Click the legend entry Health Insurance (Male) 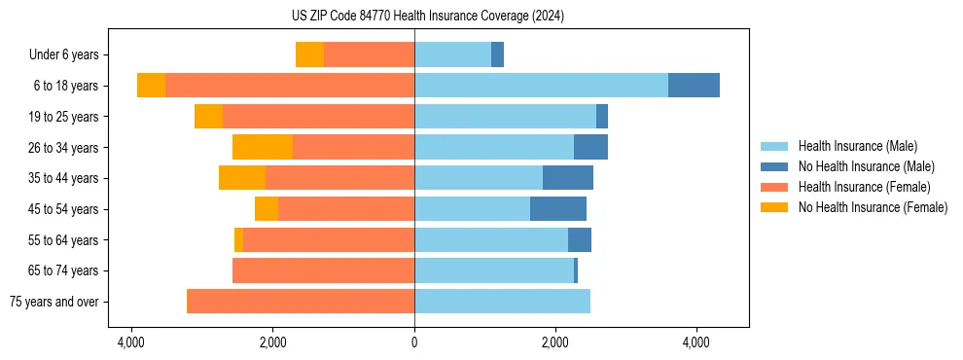click(x=857, y=146)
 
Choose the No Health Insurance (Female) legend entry click(x=873, y=207)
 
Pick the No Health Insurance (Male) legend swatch click(x=775, y=166)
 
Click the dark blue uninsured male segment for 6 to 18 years click(x=694, y=86)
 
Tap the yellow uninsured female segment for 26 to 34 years click(x=263, y=147)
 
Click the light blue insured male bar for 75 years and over click(x=502, y=302)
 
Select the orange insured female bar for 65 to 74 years click(x=323, y=270)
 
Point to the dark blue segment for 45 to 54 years click(x=558, y=209)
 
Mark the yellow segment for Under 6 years click(x=309, y=54)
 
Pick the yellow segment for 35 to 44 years click(x=242, y=178)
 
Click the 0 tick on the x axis click(x=414, y=343)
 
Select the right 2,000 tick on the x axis click(x=555, y=343)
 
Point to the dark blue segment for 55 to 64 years click(x=580, y=239)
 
